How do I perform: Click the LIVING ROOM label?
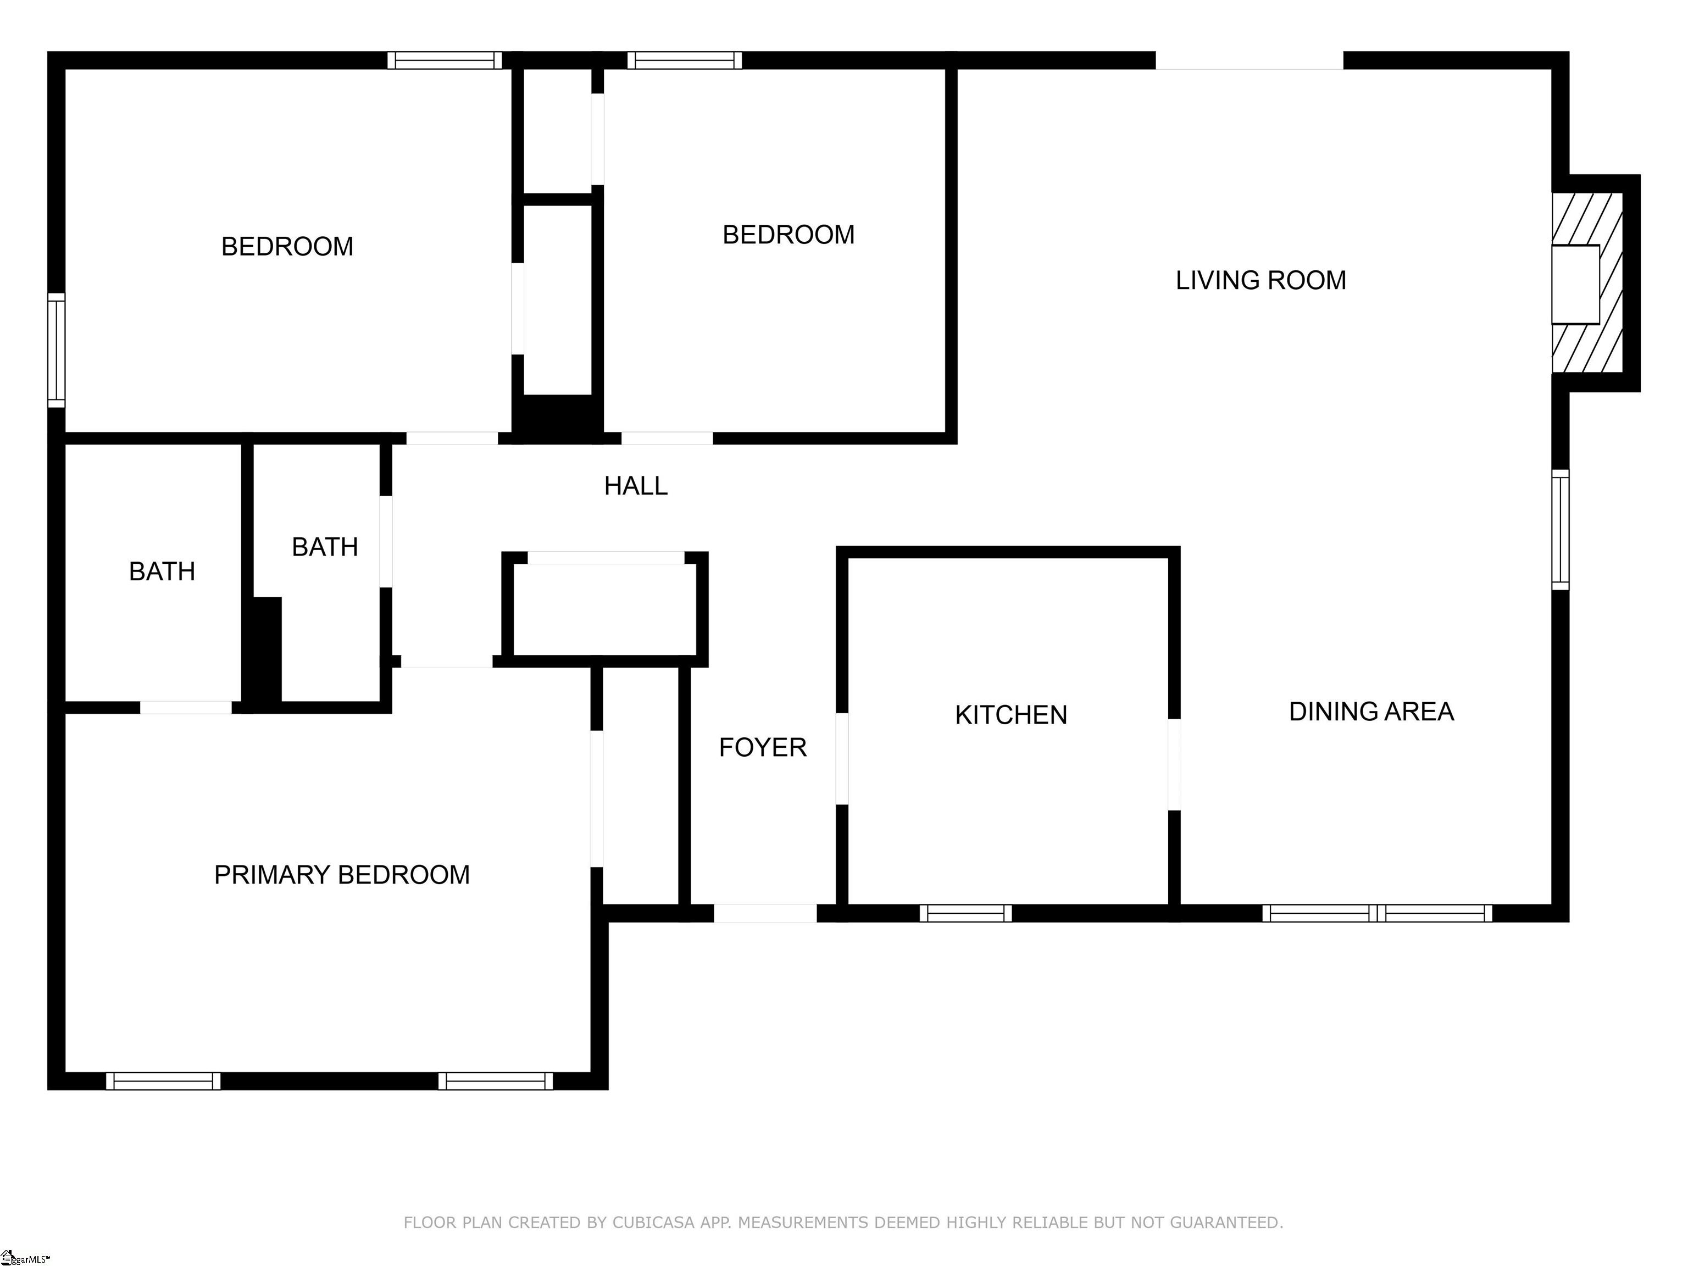coord(1261,280)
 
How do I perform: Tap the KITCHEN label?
coord(1011,715)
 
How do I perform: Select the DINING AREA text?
coord(1371,711)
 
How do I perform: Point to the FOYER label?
coord(762,747)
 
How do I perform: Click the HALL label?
coord(636,485)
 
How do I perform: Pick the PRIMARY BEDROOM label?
coord(342,875)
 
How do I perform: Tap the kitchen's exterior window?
coord(965,913)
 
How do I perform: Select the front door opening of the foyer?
coord(765,913)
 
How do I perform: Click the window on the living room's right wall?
coord(1561,530)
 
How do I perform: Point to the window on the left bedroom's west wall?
coord(57,350)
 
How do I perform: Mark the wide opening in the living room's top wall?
coord(1249,61)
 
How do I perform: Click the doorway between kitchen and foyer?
coord(842,758)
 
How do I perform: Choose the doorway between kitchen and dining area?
coord(1174,764)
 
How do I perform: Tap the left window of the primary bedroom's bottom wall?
coord(163,1081)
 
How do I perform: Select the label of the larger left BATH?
coord(162,571)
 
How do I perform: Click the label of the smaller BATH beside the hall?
coord(325,547)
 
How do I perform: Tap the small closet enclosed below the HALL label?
coord(605,609)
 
